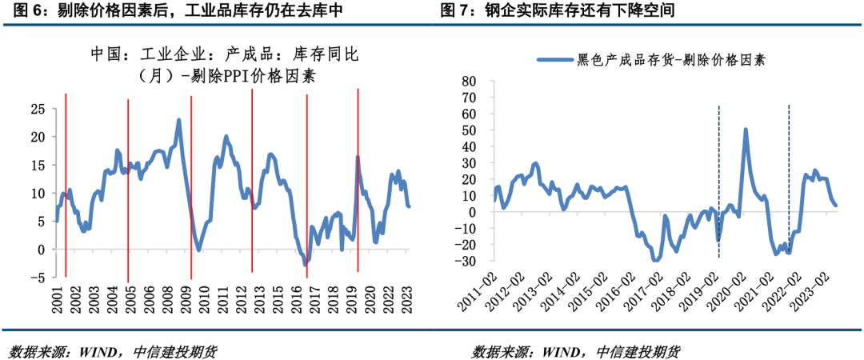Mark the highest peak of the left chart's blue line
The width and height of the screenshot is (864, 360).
coord(178,120)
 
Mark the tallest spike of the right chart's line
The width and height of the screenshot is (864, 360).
coord(746,129)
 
